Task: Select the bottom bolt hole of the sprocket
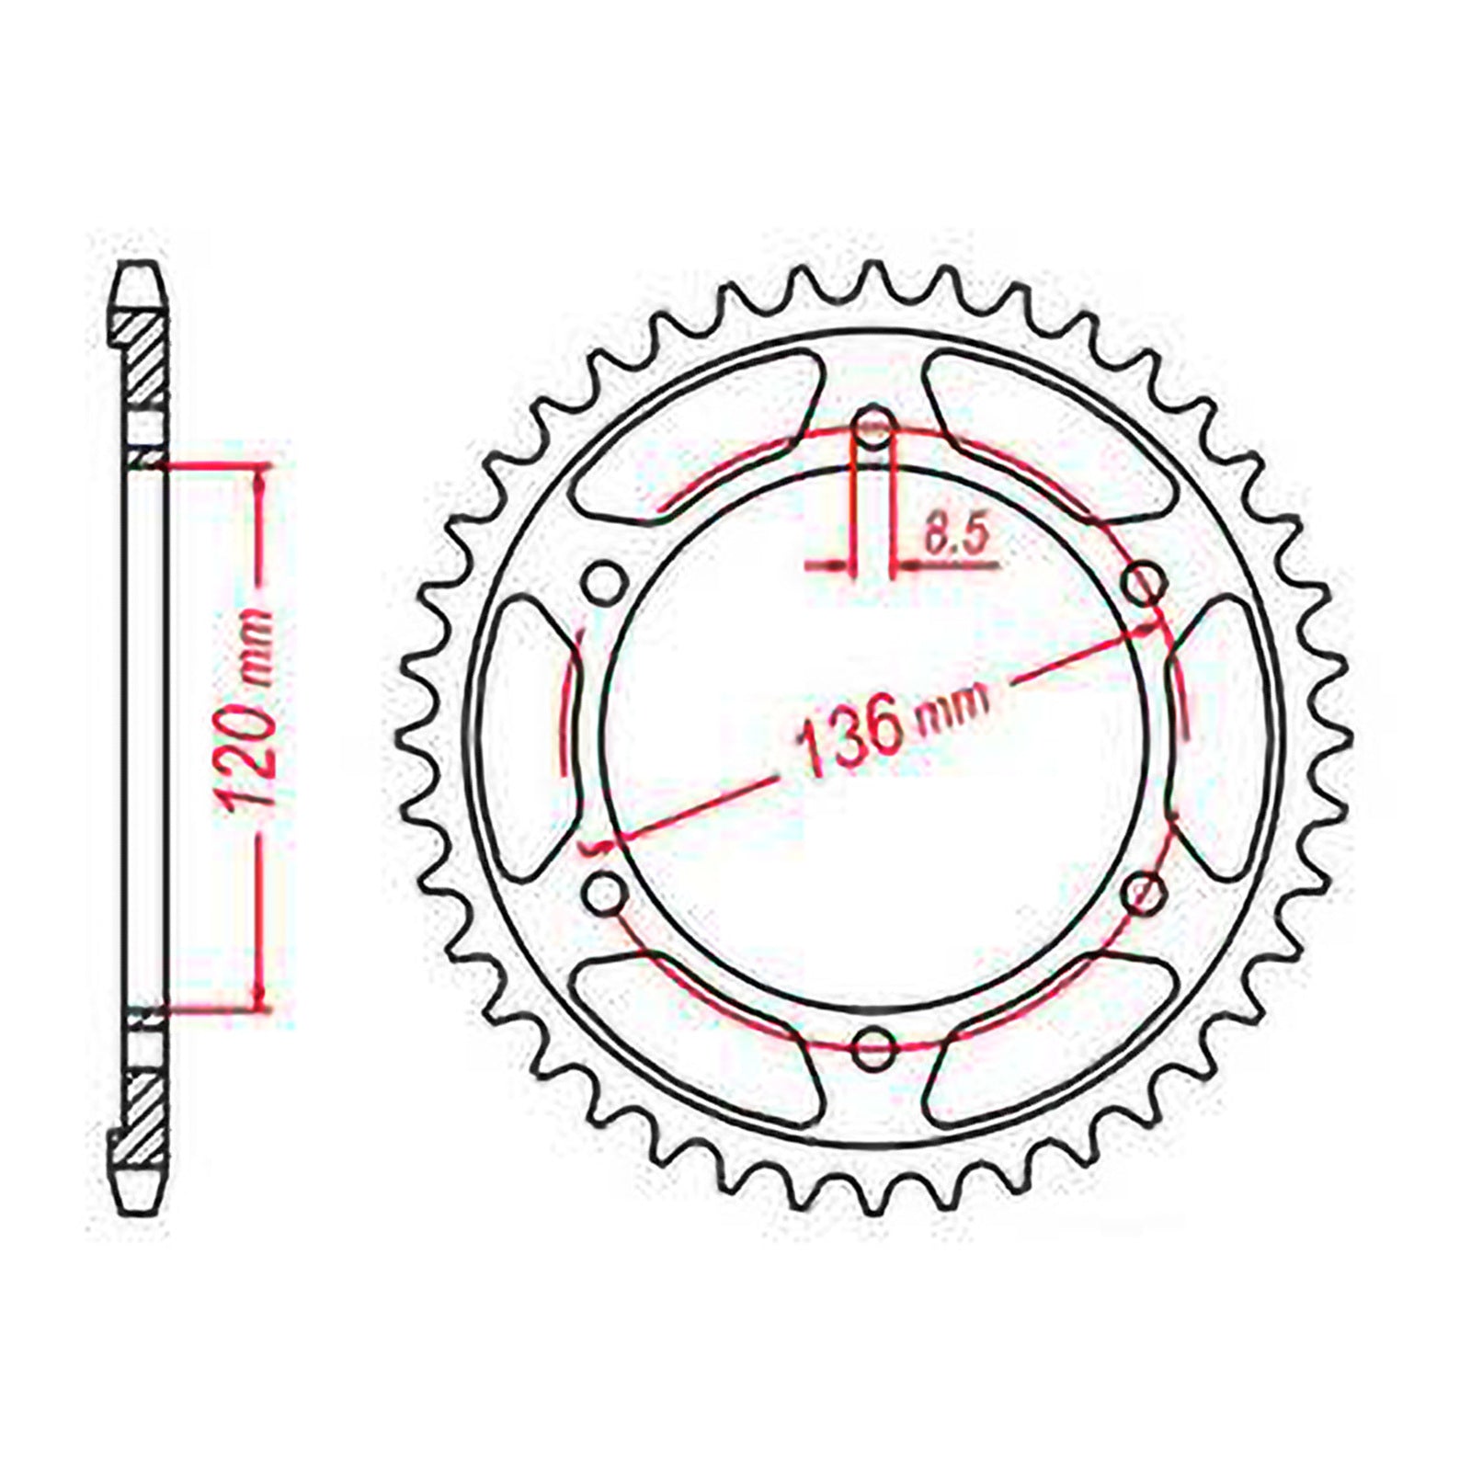coord(873,1044)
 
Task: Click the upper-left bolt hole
coord(603,583)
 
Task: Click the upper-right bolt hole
coord(1145,582)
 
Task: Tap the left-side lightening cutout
coord(529,735)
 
